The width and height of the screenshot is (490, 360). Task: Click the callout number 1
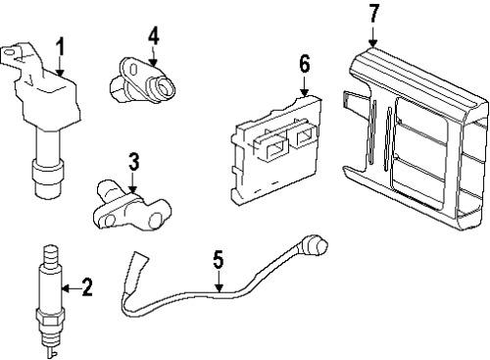click(x=60, y=48)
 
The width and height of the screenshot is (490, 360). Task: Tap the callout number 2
click(x=86, y=286)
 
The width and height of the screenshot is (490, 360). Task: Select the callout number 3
click(x=133, y=162)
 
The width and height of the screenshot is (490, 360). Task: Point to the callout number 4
click(x=154, y=36)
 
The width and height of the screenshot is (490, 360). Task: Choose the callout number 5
click(x=219, y=259)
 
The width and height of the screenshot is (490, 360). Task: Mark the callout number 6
click(x=304, y=64)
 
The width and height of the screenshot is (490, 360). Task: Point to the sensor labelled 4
click(x=142, y=80)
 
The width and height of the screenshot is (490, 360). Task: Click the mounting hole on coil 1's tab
click(x=10, y=52)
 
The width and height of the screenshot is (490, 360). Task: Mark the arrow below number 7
click(x=373, y=36)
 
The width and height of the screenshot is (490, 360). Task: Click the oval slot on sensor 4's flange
click(x=133, y=70)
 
